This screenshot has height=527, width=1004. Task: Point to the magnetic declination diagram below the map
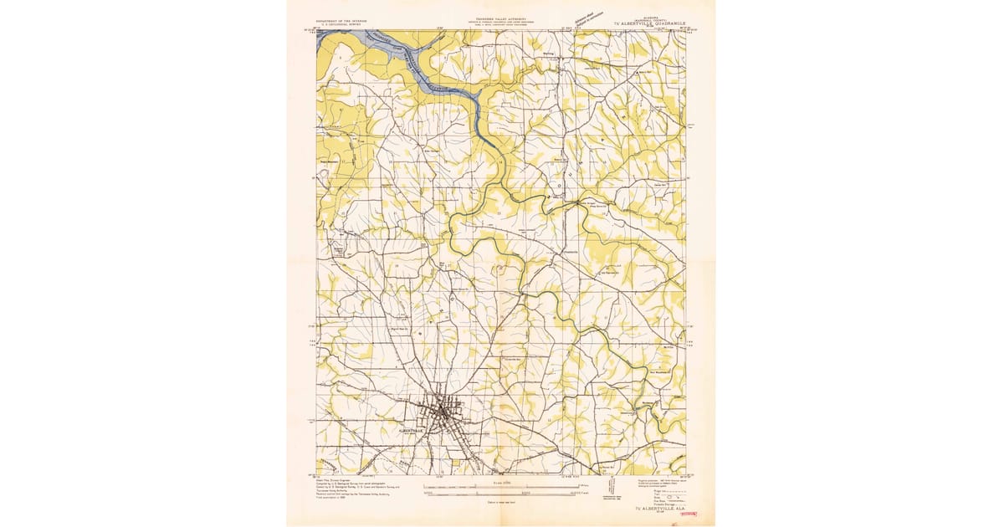pos(613,490)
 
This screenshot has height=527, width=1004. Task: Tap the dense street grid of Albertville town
pos(443,412)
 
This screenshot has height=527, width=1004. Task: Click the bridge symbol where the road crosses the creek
pos(578,202)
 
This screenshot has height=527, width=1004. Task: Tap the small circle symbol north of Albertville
pos(499,269)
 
